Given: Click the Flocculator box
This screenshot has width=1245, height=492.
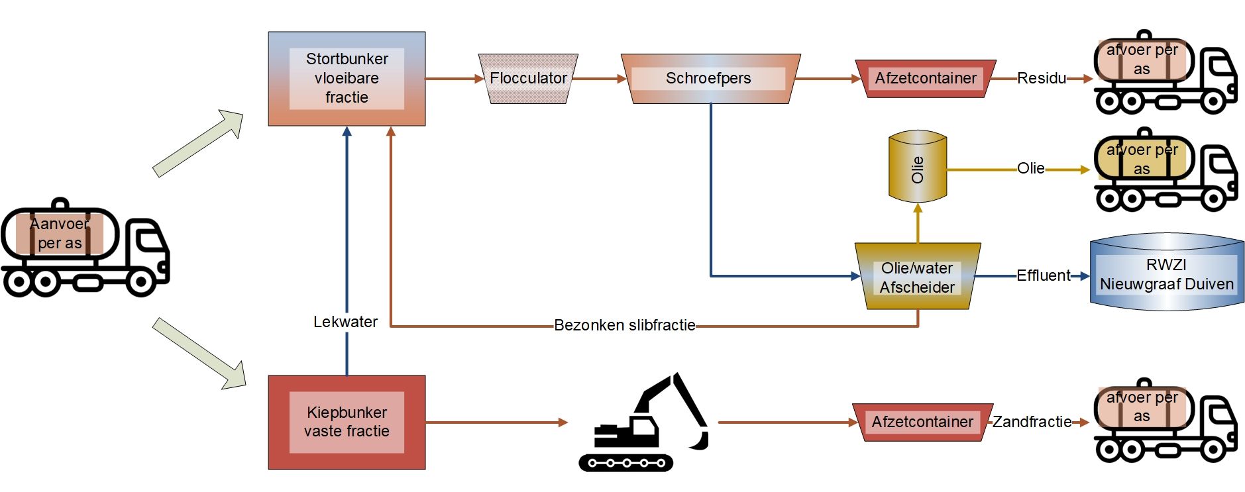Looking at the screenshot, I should pyautogui.click(x=528, y=79).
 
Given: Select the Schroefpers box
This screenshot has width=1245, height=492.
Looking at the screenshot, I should pyautogui.click(x=709, y=79).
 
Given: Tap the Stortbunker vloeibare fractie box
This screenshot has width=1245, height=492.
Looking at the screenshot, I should pyautogui.click(x=347, y=79).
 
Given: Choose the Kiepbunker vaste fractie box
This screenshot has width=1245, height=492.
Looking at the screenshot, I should pyautogui.click(x=347, y=422).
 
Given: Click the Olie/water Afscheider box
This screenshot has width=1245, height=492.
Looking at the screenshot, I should pyautogui.click(x=918, y=277).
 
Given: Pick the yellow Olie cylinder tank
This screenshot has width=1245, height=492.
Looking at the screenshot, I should pyautogui.click(x=918, y=167).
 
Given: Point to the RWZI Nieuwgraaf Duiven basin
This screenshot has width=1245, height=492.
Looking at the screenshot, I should pyautogui.click(x=1167, y=273).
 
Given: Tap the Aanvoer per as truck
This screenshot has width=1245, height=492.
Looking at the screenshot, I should pyautogui.click(x=85, y=248).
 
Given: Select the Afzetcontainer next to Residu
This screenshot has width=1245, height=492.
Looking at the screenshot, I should pyautogui.click(x=925, y=79).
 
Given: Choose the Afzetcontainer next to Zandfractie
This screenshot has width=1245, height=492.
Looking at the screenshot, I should pyautogui.click(x=922, y=422).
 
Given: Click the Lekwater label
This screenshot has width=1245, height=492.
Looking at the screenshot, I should pyautogui.click(x=345, y=322).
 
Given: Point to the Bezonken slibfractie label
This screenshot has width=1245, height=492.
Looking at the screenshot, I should pyautogui.click(x=624, y=325).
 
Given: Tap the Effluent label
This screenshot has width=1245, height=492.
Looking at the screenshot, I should pyautogui.click(x=1043, y=275).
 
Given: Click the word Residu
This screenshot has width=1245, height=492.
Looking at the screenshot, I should pyautogui.click(x=1041, y=79).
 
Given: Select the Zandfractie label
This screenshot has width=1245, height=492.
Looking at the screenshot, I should pyautogui.click(x=1032, y=422).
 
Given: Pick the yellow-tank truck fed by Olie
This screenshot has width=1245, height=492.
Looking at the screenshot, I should pyautogui.click(x=1164, y=171).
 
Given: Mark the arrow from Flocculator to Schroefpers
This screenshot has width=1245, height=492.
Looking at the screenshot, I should pyautogui.click(x=598, y=79).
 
